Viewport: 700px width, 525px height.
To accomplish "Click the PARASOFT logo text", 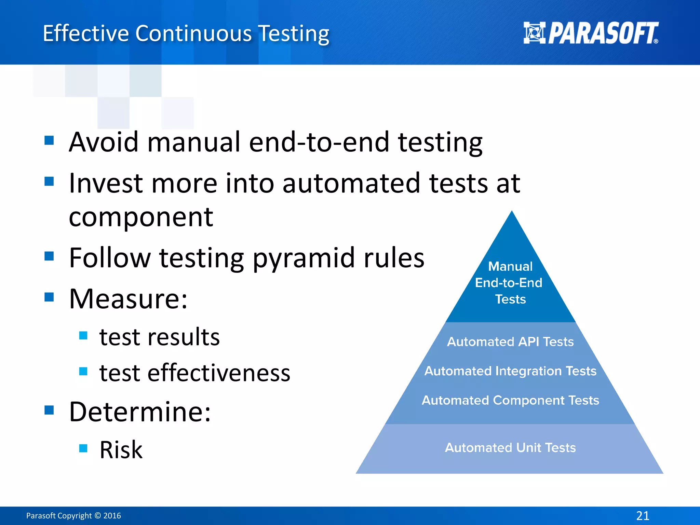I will (603, 33).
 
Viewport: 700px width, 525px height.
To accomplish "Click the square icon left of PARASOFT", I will (534, 33).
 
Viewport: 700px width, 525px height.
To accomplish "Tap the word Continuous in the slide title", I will (193, 33).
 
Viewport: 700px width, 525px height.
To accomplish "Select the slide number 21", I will (643, 515).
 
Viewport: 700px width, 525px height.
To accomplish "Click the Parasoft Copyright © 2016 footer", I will (73, 515).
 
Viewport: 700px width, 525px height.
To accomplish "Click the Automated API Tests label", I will (510, 341).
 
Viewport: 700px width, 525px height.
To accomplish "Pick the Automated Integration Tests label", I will (510, 371).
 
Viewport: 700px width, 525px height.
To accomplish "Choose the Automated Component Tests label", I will (510, 400).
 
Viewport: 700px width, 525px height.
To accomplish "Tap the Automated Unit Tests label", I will (510, 447).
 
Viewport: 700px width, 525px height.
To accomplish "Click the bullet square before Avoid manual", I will (49, 140).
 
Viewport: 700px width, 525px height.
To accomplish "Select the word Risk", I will (121, 449).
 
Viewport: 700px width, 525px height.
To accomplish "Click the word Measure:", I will (128, 299).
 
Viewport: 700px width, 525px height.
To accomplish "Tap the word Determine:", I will (140, 412).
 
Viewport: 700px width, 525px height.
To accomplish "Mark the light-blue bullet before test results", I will (83, 335).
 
